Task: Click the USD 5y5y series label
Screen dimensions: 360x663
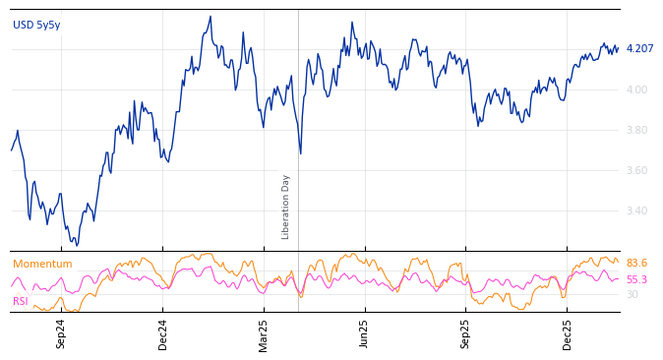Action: pos(36,26)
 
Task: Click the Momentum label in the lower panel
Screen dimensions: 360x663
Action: pos(42,265)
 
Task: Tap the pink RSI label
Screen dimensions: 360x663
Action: pos(21,301)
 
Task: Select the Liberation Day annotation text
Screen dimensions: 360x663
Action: pos(286,207)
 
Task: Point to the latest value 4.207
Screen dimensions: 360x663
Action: pos(639,49)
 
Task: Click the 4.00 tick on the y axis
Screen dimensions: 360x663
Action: pos(636,90)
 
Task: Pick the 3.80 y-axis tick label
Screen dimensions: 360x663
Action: pos(636,130)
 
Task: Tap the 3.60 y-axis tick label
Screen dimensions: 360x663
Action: pos(636,170)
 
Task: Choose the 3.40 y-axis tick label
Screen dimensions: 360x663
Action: pos(636,210)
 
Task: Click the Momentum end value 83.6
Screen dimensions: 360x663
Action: pos(636,264)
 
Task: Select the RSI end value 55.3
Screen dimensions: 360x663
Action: pos(636,280)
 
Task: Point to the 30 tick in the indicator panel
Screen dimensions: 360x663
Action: pos(632,294)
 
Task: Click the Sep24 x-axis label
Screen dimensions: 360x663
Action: pos(61,333)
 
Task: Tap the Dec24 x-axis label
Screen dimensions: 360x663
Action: pos(163,333)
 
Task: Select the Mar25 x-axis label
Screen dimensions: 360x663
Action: pos(264,333)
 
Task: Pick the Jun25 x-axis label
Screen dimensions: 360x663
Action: pos(365,333)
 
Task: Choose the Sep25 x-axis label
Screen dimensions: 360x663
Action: pos(466,333)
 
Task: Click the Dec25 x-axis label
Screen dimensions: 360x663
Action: pos(568,333)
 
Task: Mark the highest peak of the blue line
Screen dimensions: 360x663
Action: pos(211,17)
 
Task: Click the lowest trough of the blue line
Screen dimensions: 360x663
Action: pos(76,245)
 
